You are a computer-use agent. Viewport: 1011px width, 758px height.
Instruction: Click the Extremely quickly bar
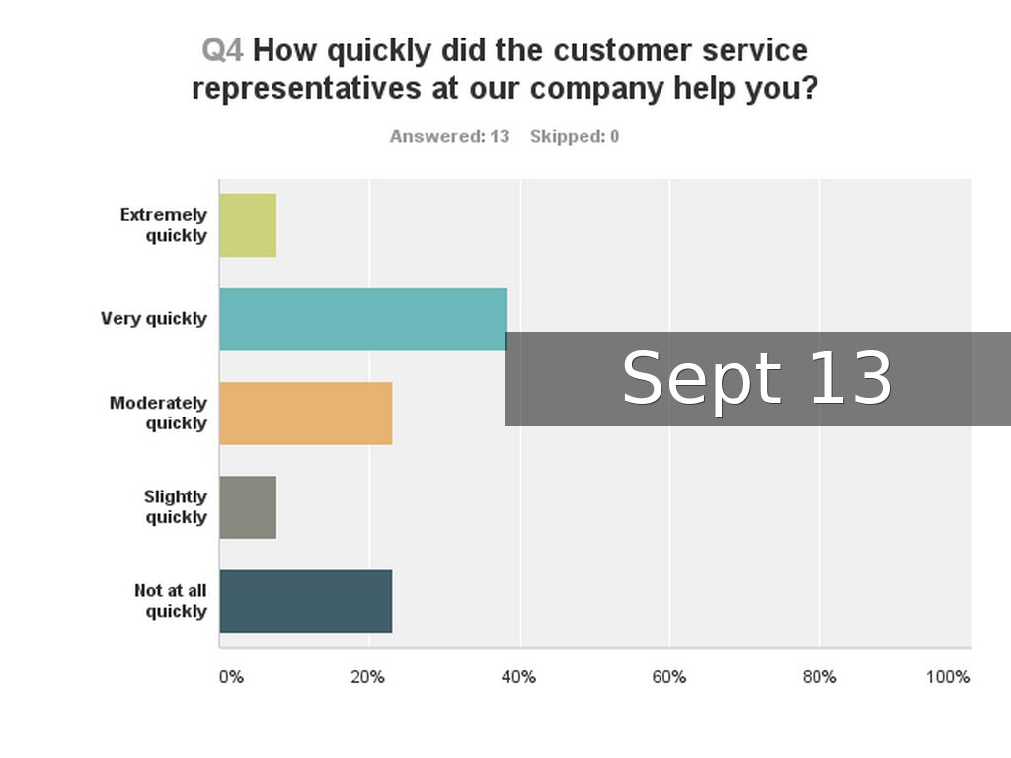(x=248, y=225)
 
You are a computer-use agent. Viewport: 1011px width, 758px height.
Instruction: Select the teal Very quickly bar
(x=362, y=319)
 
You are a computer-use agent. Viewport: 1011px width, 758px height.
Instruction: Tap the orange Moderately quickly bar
(x=305, y=413)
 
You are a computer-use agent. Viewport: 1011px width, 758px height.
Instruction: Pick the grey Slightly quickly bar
(x=248, y=507)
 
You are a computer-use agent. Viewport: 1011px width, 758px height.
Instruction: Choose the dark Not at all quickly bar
(x=305, y=601)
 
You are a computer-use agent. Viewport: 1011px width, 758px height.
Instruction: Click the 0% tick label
(x=230, y=677)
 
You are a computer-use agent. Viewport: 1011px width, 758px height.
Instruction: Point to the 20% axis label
(x=368, y=677)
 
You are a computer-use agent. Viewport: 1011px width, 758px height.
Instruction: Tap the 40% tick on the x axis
(x=518, y=677)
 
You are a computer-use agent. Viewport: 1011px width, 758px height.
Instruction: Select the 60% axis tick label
(x=668, y=677)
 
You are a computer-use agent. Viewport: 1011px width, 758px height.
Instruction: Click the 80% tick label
(x=818, y=677)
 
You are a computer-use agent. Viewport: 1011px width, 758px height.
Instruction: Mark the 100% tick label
(x=948, y=677)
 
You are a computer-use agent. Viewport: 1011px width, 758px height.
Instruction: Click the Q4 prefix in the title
(x=222, y=50)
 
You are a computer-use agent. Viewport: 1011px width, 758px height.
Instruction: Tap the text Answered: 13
(x=449, y=137)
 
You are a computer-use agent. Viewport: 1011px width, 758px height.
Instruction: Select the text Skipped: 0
(x=575, y=137)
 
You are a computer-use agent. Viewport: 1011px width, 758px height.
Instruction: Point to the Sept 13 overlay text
(x=756, y=379)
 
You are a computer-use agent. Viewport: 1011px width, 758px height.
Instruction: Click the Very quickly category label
(x=154, y=319)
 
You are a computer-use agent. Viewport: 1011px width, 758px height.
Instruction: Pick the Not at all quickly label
(x=171, y=601)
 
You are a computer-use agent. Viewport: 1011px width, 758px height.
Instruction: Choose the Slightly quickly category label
(x=176, y=507)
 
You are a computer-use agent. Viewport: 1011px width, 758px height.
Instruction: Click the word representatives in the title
(x=307, y=89)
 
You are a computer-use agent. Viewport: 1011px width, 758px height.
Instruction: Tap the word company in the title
(x=596, y=89)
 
